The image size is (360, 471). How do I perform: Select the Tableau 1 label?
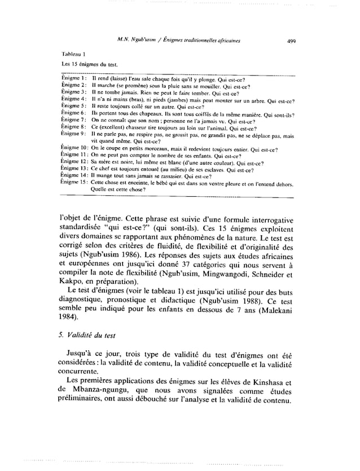tap(72, 54)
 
